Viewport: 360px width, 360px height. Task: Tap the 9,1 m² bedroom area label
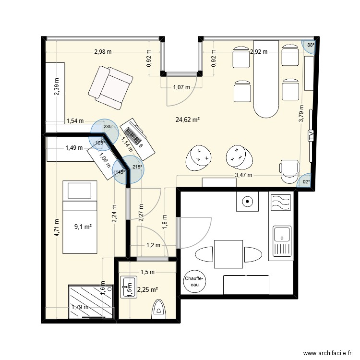(83, 227)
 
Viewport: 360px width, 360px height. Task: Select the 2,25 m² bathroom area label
(148, 289)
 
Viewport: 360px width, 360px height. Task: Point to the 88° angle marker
(311, 45)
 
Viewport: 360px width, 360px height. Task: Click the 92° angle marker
(306, 181)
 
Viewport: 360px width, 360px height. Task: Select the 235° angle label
(108, 127)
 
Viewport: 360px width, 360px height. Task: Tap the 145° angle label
(120, 172)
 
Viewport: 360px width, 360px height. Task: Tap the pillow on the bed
(80, 191)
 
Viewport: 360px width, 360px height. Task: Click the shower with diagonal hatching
(87, 301)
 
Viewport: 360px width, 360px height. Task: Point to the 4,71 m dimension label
(57, 228)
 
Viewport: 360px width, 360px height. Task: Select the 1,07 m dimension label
(181, 87)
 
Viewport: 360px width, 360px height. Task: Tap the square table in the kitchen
(228, 254)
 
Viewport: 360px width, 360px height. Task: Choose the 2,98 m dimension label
(102, 51)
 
